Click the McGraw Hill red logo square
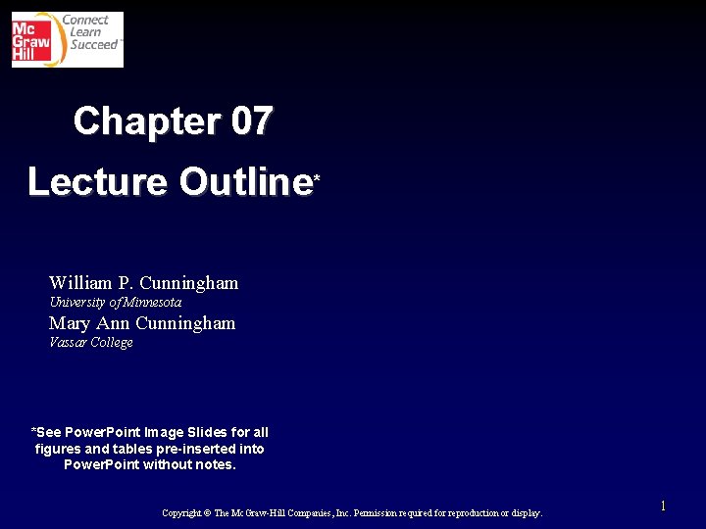click(x=32, y=39)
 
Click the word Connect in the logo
click(x=85, y=20)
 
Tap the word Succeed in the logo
click(x=93, y=45)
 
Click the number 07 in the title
click(x=252, y=121)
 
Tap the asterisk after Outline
click(x=317, y=178)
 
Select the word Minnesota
click(x=152, y=303)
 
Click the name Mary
click(x=70, y=323)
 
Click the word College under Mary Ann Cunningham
click(x=111, y=343)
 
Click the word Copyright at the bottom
click(x=181, y=513)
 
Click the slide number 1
click(x=663, y=506)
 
